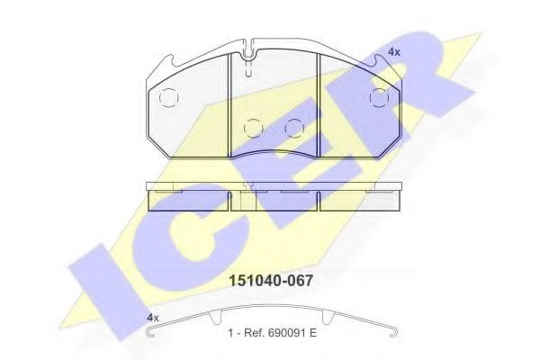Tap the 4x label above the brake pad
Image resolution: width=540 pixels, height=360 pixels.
(x=393, y=53)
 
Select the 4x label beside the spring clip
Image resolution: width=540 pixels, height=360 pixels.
(x=152, y=318)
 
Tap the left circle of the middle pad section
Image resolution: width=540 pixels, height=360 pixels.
(x=254, y=128)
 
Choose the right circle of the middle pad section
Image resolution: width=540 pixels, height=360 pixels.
(x=292, y=128)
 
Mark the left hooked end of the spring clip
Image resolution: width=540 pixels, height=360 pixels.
(x=152, y=337)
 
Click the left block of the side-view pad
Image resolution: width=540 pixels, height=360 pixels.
(x=186, y=198)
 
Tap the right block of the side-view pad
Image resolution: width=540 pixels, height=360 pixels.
(x=357, y=198)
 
